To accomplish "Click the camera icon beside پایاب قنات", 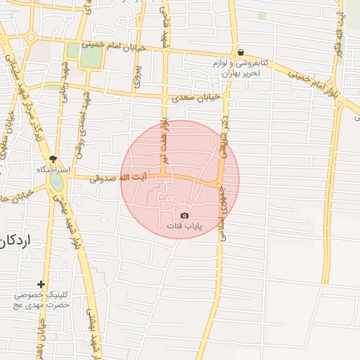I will tap(184, 215).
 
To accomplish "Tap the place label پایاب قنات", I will tap(184, 226).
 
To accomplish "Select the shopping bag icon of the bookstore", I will tap(241, 52).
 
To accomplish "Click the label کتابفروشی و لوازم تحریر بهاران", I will tap(238, 67).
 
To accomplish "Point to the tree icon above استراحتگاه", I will tap(53, 158).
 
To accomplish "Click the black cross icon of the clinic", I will tap(41, 284).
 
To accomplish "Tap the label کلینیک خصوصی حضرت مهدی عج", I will tap(41, 300).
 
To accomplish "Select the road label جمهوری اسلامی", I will tap(222, 215).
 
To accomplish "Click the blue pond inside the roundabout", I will tap(56, 183).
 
